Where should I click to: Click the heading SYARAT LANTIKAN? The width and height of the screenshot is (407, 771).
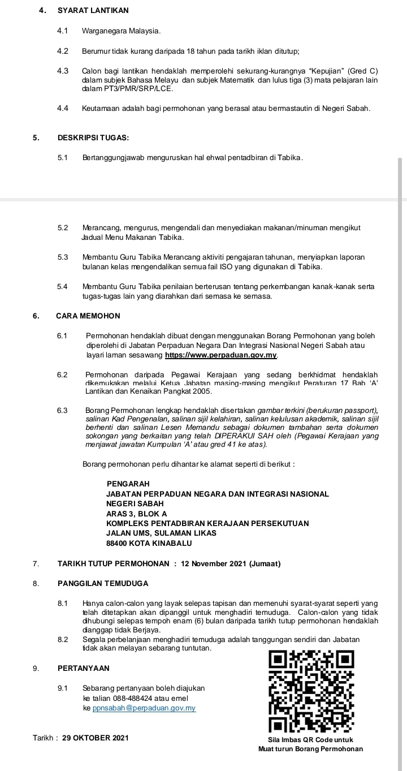pos(93,10)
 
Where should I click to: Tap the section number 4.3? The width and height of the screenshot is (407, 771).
pos(63,71)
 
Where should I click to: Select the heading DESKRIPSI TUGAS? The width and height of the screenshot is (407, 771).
pos(93,137)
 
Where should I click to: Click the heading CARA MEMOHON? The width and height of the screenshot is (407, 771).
pos(88,316)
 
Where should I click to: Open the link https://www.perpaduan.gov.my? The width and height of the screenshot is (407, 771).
pos(220,355)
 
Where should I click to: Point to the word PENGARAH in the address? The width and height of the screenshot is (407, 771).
pos(128,484)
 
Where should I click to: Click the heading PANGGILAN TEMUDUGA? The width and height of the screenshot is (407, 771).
pos(103,583)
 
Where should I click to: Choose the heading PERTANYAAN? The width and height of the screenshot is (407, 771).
pos(84,668)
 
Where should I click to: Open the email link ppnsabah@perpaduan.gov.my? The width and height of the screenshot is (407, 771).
pos(144,708)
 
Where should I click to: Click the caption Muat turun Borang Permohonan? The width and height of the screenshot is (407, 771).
pos(310,749)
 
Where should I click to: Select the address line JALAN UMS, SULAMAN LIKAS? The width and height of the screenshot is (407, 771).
pos(161,533)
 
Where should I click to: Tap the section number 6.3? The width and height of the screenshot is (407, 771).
pos(62,410)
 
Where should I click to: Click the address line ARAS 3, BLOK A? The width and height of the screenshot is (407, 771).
pos(136,514)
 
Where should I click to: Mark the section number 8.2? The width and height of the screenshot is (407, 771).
pos(62,639)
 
